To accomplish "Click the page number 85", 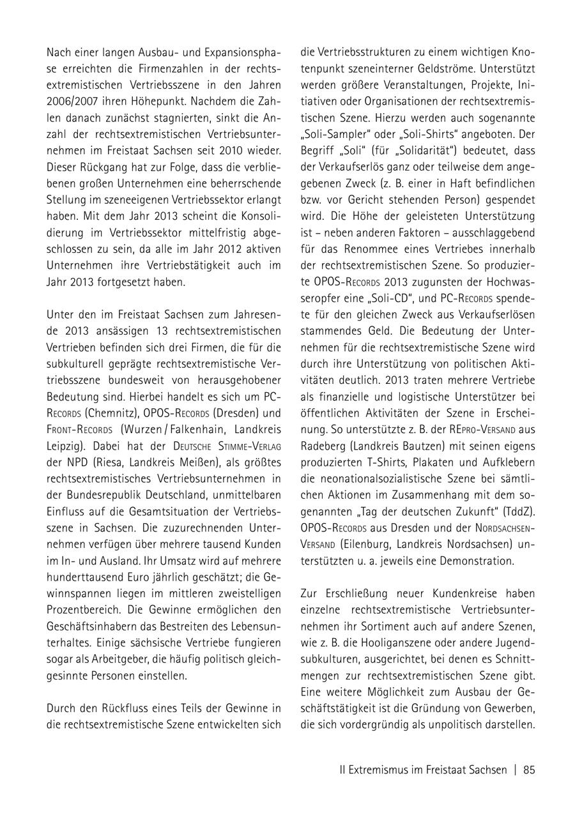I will tap(529, 770).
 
